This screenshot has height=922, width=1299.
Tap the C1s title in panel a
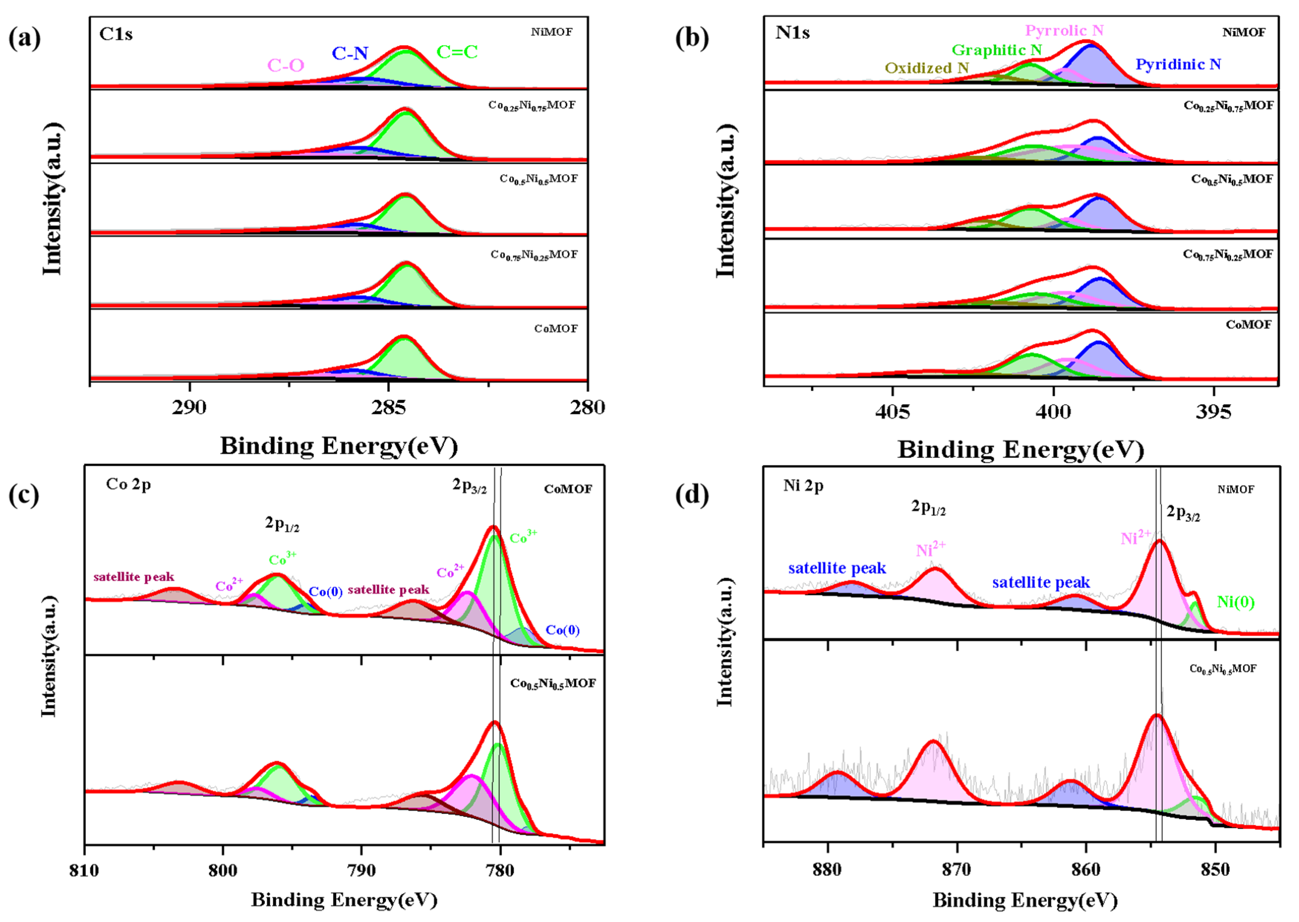click(x=116, y=34)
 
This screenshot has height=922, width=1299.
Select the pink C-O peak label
click(x=286, y=66)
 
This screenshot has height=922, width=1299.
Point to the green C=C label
click(x=457, y=52)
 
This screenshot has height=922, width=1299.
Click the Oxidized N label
click(x=927, y=68)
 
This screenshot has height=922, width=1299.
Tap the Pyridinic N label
click(x=1178, y=64)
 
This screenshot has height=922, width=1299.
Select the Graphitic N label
click(x=997, y=50)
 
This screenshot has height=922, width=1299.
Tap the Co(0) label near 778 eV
click(x=562, y=630)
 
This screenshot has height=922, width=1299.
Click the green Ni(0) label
click(x=1235, y=602)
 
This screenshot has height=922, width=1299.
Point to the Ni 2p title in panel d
click(x=803, y=486)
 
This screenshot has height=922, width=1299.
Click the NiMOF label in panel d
click(x=1235, y=489)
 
